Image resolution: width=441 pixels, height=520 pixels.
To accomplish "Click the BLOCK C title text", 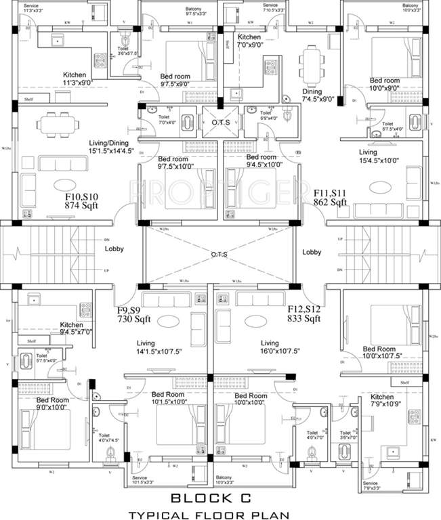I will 220,498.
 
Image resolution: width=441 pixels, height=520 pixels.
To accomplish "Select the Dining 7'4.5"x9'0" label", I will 316,96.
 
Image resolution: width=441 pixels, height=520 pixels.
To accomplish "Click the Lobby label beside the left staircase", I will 114,249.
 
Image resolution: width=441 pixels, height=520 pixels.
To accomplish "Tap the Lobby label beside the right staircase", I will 312,252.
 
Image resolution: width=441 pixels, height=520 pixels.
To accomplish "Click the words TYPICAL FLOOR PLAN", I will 220,515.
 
